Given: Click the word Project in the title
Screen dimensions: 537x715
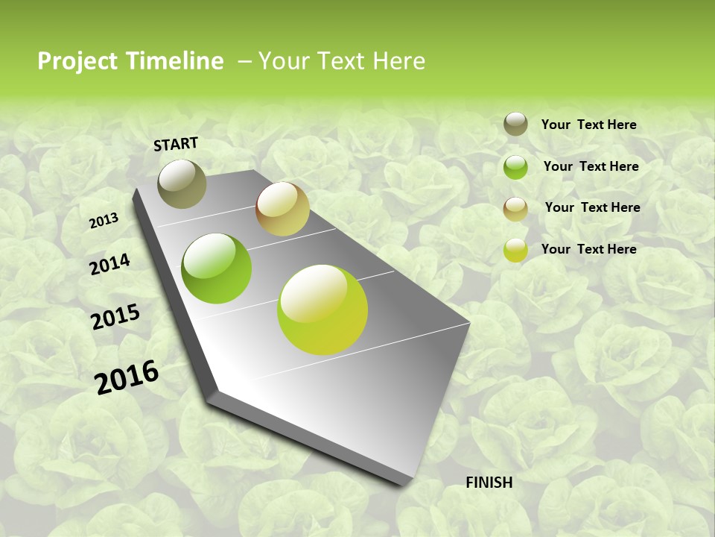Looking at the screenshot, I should click(77, 61).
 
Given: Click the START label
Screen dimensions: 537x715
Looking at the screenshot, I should click(176, 144).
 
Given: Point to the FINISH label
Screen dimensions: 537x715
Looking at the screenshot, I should click(489, 483).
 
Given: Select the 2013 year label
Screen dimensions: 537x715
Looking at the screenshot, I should click(104, 221).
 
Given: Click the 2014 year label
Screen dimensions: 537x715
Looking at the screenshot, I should click(109, 265).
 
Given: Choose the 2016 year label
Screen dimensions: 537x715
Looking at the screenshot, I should click(127, 377).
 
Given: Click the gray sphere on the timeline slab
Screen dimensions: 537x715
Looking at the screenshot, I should click(182, 183).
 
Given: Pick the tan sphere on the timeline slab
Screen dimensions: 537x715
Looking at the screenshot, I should click(282, 209).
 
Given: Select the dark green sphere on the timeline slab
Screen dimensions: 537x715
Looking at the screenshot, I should click(217, 268).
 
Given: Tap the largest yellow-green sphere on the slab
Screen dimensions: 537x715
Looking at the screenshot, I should click(322, 310).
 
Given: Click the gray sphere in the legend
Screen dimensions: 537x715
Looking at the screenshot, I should click(515, 125).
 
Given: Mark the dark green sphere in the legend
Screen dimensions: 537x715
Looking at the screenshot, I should click(515, 167).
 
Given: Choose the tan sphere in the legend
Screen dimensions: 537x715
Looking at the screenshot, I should click(515, 209).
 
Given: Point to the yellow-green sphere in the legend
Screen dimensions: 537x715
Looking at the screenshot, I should click(515, 250).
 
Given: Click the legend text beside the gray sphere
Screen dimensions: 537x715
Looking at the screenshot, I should click(588, 125).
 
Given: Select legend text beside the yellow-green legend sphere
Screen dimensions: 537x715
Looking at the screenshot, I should click(588, 249).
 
